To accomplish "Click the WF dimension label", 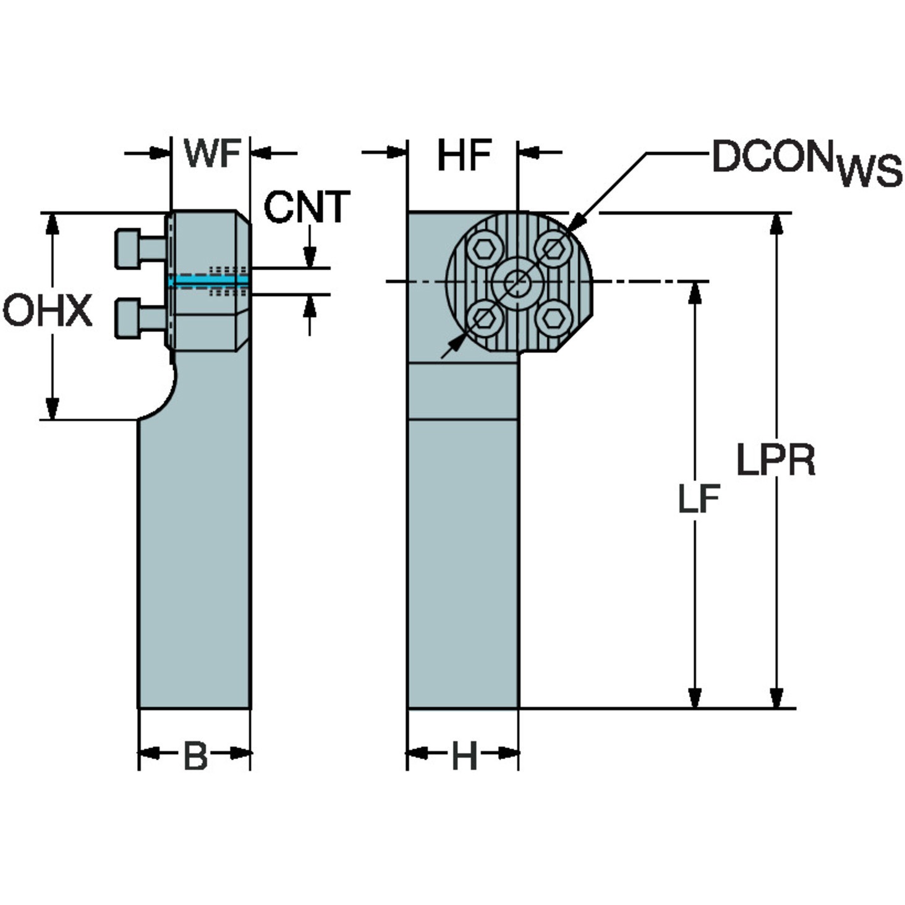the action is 212,153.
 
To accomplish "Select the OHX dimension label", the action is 48,310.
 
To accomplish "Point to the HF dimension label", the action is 464,155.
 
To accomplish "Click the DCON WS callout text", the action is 807,162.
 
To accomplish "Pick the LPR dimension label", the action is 775,461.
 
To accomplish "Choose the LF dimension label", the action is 699,498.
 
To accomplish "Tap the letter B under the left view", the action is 195,755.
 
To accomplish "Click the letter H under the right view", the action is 464,755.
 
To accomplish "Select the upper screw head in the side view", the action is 127,249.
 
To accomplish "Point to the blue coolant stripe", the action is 209,281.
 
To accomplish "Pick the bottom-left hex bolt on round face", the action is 485,318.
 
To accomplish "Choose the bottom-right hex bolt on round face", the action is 553,318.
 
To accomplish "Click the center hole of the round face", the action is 518,283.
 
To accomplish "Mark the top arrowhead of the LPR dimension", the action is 776,224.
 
